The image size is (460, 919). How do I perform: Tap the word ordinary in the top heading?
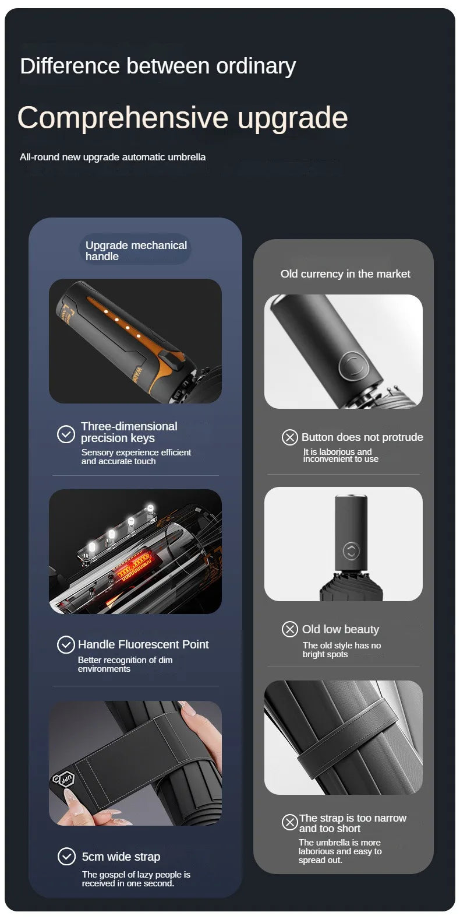pyautogui.click(x=256, y=67)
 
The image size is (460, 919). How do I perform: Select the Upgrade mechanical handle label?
pyautogui.click(x=136, y=251)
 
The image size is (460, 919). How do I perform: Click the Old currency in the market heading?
pyautogui.click(x=345, y=273)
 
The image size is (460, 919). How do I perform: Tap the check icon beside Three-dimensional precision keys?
pyautogui.click(x=66, y=434)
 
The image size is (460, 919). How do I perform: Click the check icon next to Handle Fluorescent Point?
pyautogui.click(x=66, y=644)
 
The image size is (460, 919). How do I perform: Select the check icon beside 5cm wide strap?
pyautogui.click(x=66, y=856)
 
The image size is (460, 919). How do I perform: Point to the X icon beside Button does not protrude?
pyautogui.click(x=289, y=437)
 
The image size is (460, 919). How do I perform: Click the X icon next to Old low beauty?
pyautogui.click(x=289, y=629)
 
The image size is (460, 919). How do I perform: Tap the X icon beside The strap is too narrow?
pyautogui.click(x=289, y=822)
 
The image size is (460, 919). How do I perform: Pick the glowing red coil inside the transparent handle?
pyautogui.click(x=136, y=563)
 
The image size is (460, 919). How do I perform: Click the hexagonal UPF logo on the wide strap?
pyautogui.click(x=66, y=778)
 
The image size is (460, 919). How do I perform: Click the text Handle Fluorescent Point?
pyautogui.click(x=143, y=644)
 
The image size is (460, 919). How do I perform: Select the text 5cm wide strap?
pyautogui.click(x=121, y=857)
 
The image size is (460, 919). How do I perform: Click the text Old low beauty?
pyautogui.click(x=341, y=629)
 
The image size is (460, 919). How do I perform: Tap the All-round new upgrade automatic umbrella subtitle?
pyautogui.click(x=112, y=157)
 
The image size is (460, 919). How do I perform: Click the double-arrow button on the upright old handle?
pyautogui.click(x=351, y=550)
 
